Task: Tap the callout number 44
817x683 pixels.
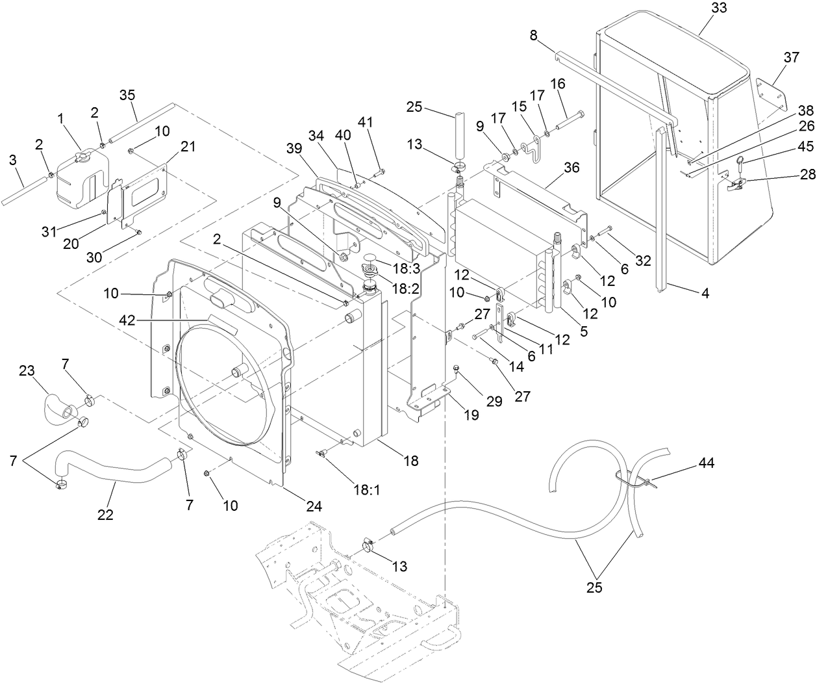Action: click(x=707, y=463)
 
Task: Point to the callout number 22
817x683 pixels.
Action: click(x=105, y=515)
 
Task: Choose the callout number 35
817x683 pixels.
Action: click(x=127, y=95)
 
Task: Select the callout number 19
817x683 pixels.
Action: click(x=471, y=415)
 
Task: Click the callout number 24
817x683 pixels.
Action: click(x=314, y=506)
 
